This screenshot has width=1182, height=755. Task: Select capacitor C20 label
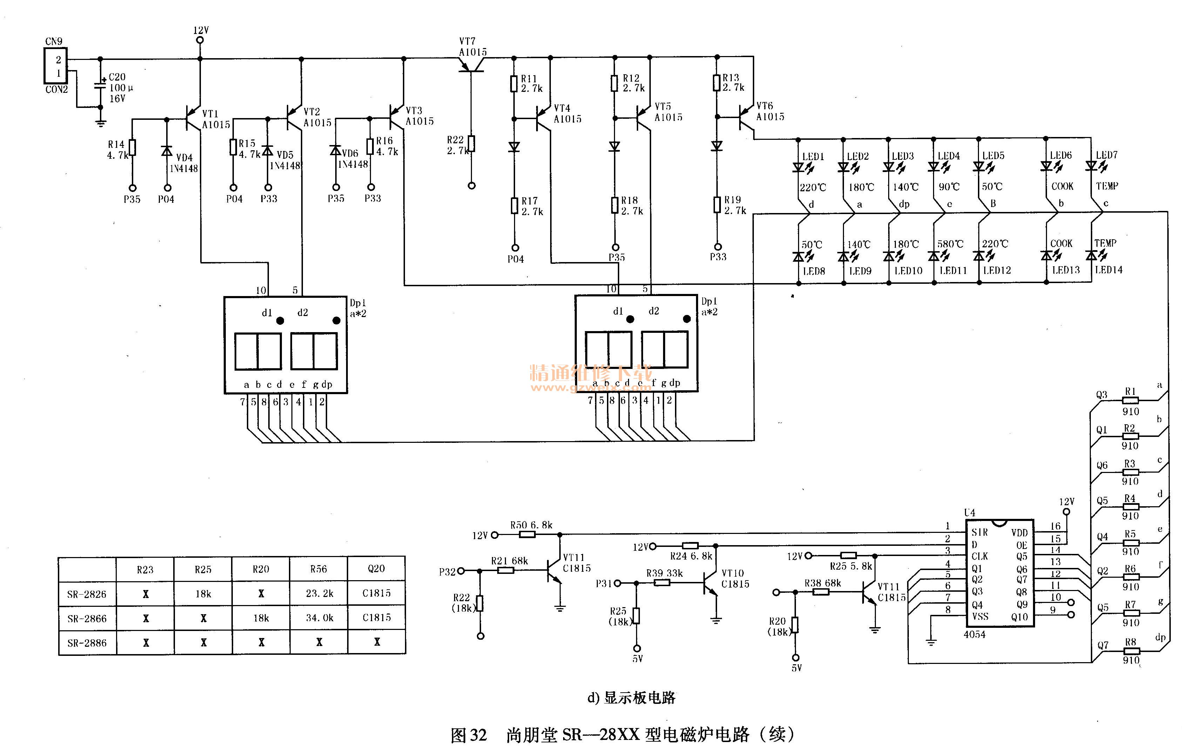[x=117, y=77]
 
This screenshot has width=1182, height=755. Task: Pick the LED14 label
[x=1108, y=270]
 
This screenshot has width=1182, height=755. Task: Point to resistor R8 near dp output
[x=1130, y=651]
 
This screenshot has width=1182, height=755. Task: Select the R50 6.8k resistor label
[x=531, y=525]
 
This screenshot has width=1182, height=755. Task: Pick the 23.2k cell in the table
[x=319, y=593]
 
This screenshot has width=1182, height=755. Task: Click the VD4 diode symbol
[x=167, y=151]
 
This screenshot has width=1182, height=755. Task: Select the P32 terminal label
[x=447, y=571]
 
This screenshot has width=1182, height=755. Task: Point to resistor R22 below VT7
[x=471, y=144]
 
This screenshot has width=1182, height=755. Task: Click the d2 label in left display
[x=302, y=313]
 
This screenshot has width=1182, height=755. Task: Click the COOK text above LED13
[x=1061, y=243]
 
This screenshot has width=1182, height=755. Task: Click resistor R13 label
[x=730, y=77]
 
